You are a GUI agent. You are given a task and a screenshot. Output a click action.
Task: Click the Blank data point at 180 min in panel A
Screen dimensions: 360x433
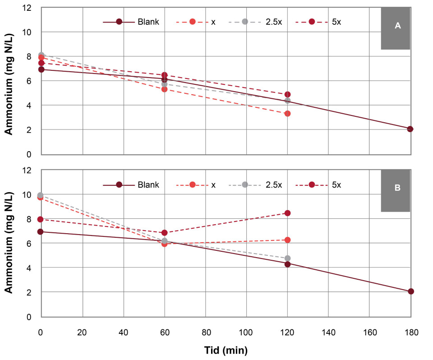[x=410, y=129]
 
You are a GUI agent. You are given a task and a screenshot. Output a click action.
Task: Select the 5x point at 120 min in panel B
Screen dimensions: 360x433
[x=287, y=213]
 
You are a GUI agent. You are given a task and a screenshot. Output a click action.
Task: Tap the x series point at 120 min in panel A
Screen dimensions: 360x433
[x=287, y=114]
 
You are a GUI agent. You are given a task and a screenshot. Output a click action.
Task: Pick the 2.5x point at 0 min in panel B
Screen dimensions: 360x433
[x=41, y=195]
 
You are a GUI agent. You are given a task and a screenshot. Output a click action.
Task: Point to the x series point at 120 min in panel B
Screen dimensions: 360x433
[x=287, y=240]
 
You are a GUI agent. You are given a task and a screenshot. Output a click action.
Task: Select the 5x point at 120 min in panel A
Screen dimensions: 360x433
[x=287, y=95]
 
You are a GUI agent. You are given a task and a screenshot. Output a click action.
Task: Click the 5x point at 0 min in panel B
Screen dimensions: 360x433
[x=41, y=219]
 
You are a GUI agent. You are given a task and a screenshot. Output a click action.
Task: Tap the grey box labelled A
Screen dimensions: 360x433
[x=396, y=28]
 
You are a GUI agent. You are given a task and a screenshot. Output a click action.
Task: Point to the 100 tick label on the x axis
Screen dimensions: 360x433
[x=246, y=333]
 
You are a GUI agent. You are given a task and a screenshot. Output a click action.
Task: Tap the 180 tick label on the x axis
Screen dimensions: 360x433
[x=410, y=333]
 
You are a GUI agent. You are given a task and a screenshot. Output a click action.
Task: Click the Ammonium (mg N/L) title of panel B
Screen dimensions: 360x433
[x=9, y=244]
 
